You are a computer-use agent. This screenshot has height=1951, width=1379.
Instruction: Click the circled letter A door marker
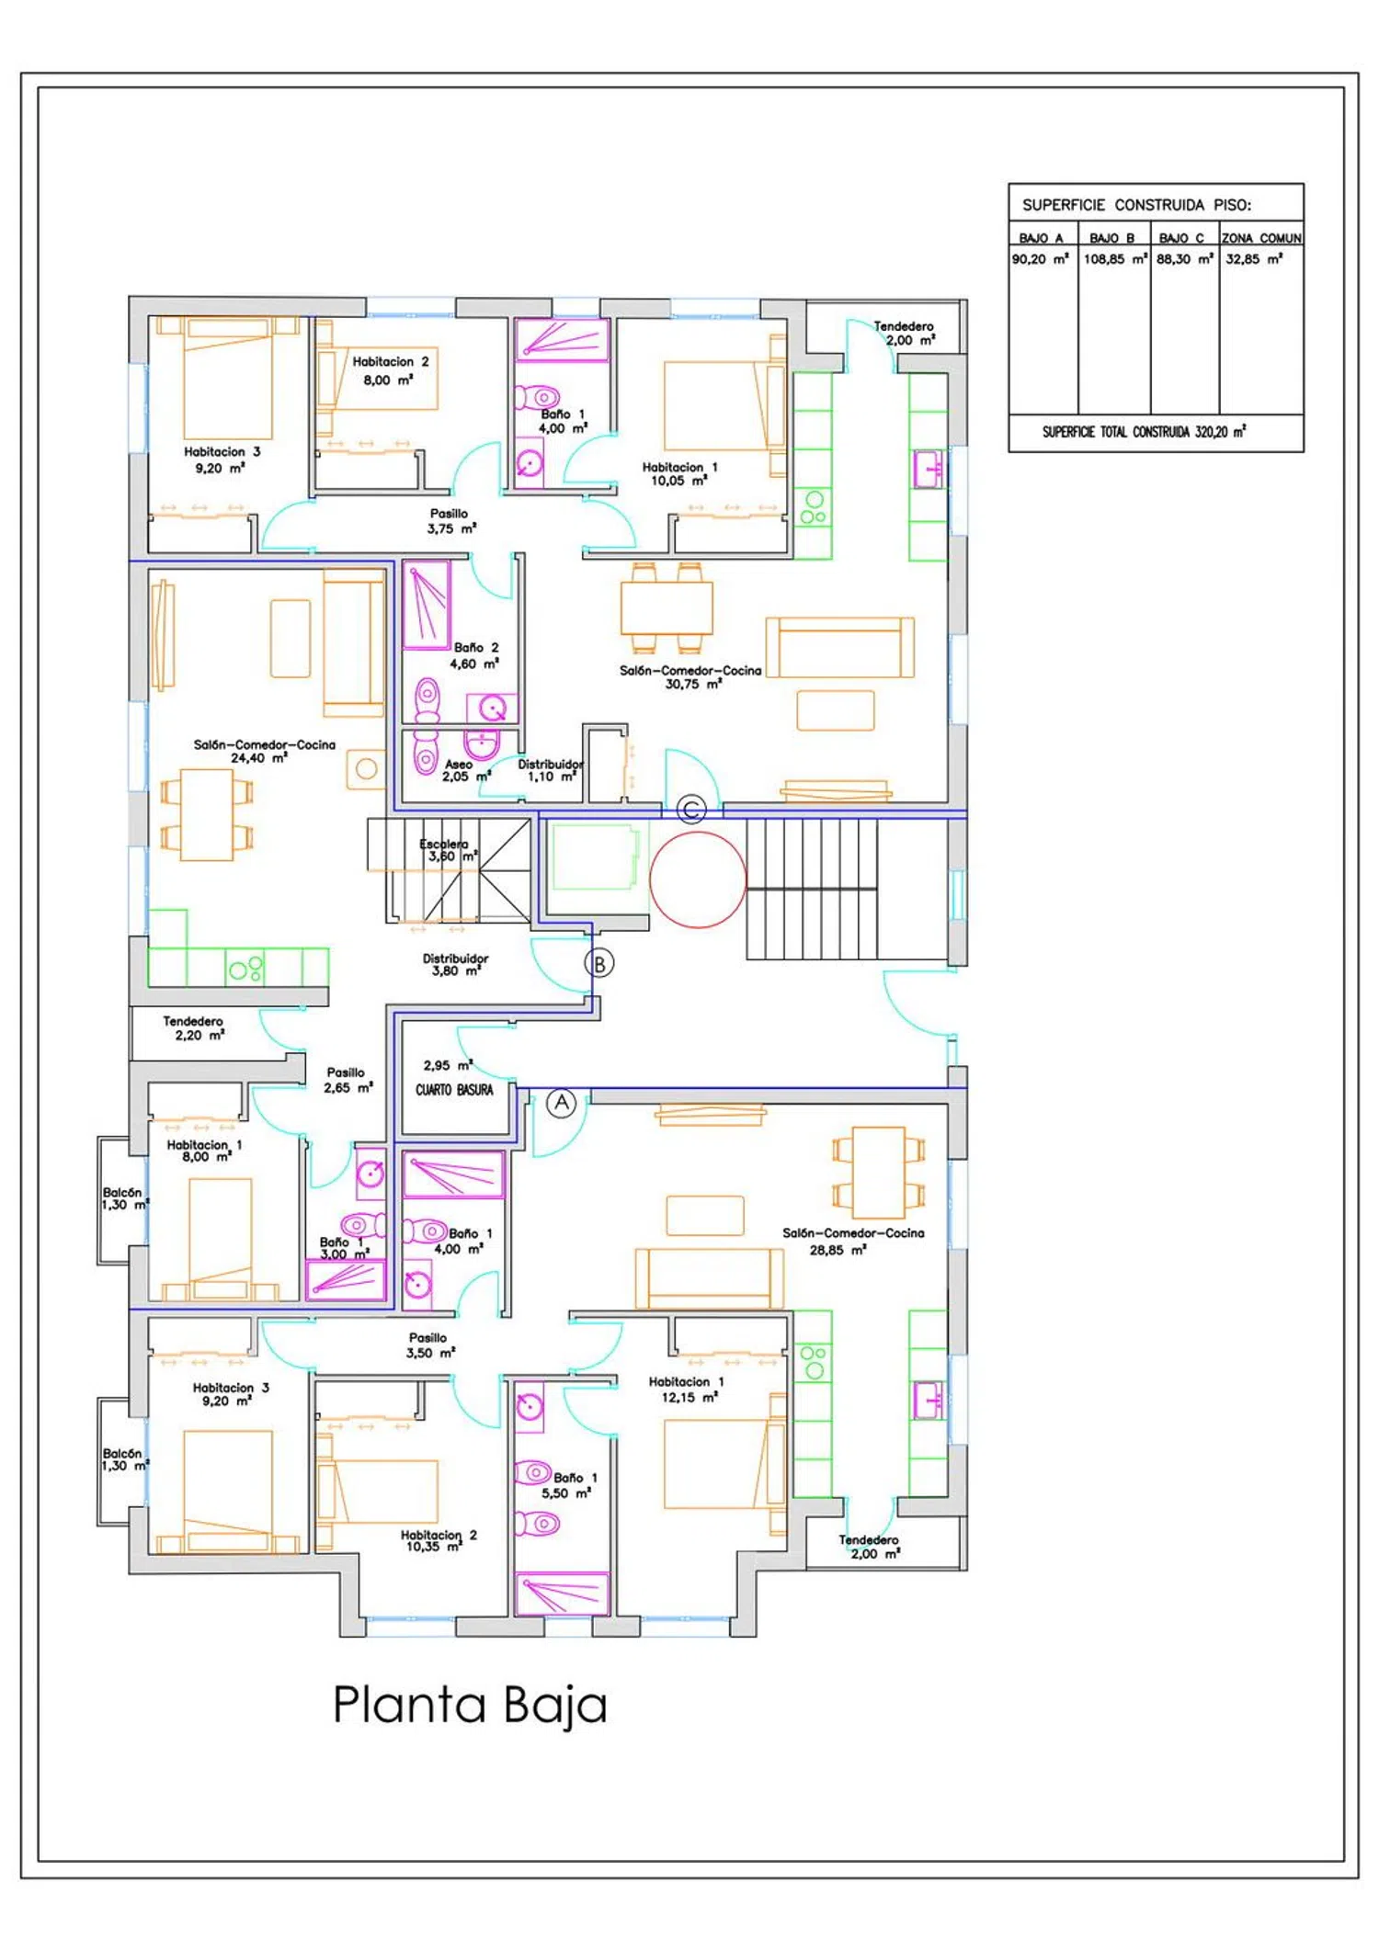pyautogui.click(x=562, y=1103)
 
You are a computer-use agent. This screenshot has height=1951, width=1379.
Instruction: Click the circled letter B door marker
pyautogui.click(x=599, y=964)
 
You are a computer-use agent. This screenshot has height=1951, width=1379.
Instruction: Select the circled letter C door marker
pyautogui.click(x=691, y=810)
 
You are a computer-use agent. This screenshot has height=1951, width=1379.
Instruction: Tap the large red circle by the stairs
pyautogui.click(x=698, y=879)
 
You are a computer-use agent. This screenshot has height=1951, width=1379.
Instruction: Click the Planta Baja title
pyautogui.click(x=470, y=1706)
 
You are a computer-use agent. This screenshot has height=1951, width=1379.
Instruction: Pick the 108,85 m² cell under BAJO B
pyautogui.click(x=1115, y=259)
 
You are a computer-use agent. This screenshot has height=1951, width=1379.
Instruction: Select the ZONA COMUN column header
pyautogui.click(x=1261, y=238)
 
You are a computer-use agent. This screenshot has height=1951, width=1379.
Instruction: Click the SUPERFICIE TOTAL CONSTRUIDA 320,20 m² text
pyautogui.click(x=1144, y=432)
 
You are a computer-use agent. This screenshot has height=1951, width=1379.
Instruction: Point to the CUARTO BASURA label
pyautogui.click(x=454, y=1090)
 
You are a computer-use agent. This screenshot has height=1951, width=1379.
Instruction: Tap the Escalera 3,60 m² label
pyautogui.click(x=448, y=850)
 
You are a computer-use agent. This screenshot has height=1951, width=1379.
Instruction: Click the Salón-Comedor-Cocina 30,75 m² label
pyautogui.click(x=690, y=677)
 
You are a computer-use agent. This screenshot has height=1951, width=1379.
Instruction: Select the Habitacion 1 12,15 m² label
pyautogui.click(x=687, y=1390)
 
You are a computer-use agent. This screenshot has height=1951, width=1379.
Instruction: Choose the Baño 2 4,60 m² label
pyautogui.click(x=475, y=655)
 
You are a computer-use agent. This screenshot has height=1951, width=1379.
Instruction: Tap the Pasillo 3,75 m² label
pyautogui.click(x=450, y=521)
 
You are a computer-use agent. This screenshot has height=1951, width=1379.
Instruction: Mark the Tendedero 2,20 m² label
pyautogui.click(x=194, y=1028)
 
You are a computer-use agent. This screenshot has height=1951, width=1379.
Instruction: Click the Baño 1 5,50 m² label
pyautogui.click(x=570, y=1485)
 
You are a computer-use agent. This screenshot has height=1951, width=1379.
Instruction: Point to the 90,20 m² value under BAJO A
pyautogui.click(x=1041, y=259)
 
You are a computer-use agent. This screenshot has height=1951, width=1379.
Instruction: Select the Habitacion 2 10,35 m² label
pyautogui.click(x=438, y=1540)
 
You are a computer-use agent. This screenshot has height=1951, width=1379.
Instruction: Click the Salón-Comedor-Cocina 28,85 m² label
pyautogui.click(x=853, y=1242)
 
